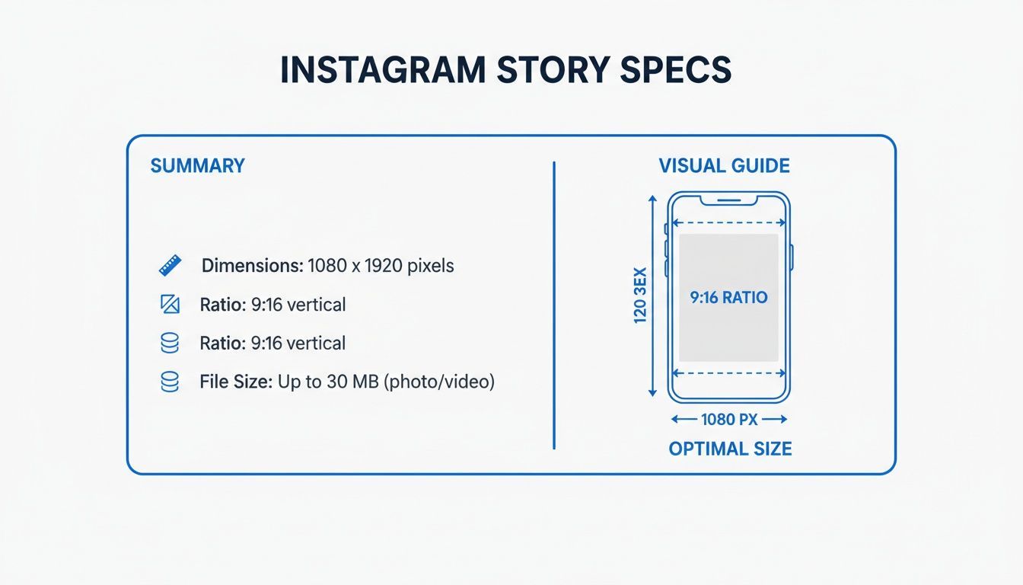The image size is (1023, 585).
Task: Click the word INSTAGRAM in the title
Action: coord(382,70)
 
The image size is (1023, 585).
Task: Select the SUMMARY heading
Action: coord(198,166)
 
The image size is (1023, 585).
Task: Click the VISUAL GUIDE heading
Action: coord(724,166)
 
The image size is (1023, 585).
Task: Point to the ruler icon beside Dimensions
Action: coord(170,266)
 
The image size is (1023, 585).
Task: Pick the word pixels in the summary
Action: coord(430,266)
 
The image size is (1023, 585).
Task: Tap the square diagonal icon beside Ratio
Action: coord(170,305)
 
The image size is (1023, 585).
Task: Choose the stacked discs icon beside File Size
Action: coord(170,382)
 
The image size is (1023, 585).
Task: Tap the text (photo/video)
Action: coord(441,382)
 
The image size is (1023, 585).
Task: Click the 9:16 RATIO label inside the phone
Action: coord(728,298)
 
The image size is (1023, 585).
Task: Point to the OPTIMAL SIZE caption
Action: coord(730,449)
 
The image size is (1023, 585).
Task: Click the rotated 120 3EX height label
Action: coord(639,296)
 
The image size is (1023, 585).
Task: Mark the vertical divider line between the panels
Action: coord(554,305)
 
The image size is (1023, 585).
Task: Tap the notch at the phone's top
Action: coord(728,200)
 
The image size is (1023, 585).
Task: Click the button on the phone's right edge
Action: coord(792,257)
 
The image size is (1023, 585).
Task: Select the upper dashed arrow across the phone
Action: coord(728,223)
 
